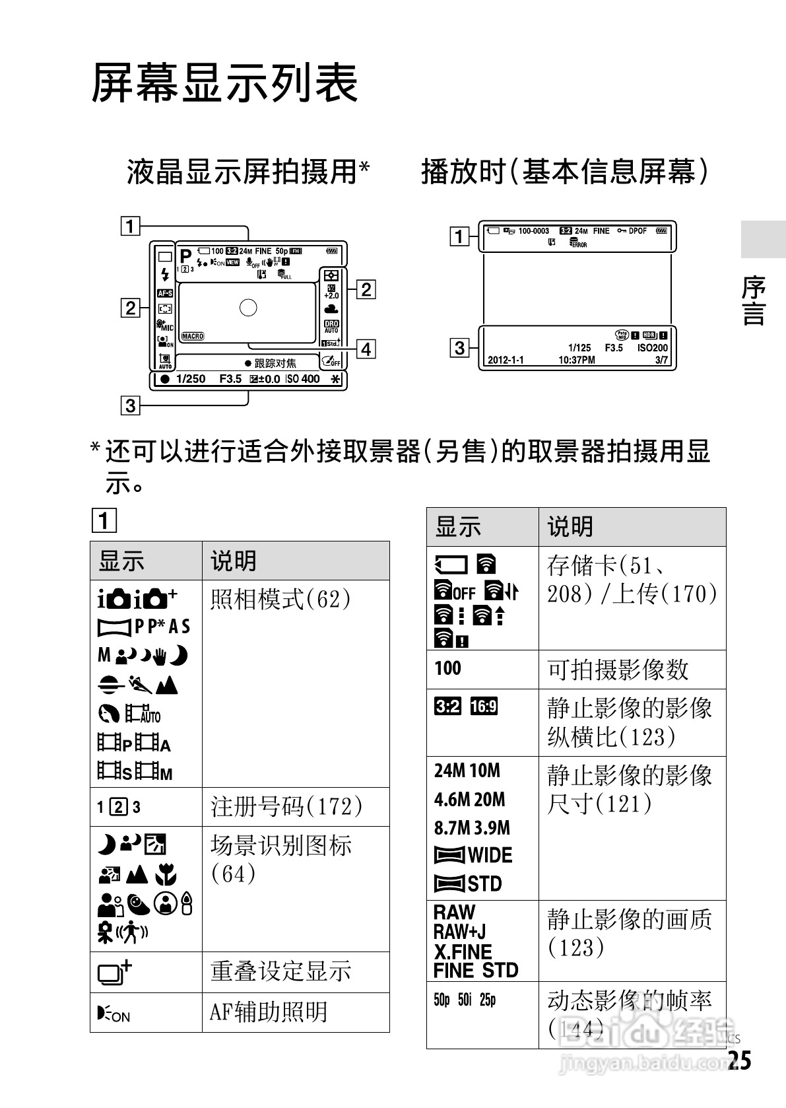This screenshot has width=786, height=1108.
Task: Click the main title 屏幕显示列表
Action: coord(224,84)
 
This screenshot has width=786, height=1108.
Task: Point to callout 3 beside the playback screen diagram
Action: coord(459,347)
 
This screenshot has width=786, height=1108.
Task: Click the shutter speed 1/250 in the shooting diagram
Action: coord(191,379)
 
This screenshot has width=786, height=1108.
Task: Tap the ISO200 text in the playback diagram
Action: coord(652,347)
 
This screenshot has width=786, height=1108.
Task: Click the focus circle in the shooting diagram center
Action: coord(248,307)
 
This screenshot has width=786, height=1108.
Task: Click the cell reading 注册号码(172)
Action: coord(286,806)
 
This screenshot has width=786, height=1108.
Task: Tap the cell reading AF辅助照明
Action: coord(269,1012)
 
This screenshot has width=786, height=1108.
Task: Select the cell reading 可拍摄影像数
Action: coord(618,670)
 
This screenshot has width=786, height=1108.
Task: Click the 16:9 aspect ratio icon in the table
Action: coord(484,707)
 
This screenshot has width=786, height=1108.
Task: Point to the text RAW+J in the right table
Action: coord(459,932)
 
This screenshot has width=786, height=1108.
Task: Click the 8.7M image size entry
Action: coord(452,827)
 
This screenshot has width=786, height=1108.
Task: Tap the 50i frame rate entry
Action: coord(465,1000)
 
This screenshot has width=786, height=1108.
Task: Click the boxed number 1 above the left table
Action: coord(104,522)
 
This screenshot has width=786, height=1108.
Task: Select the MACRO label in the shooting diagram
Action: coord(193,336)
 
